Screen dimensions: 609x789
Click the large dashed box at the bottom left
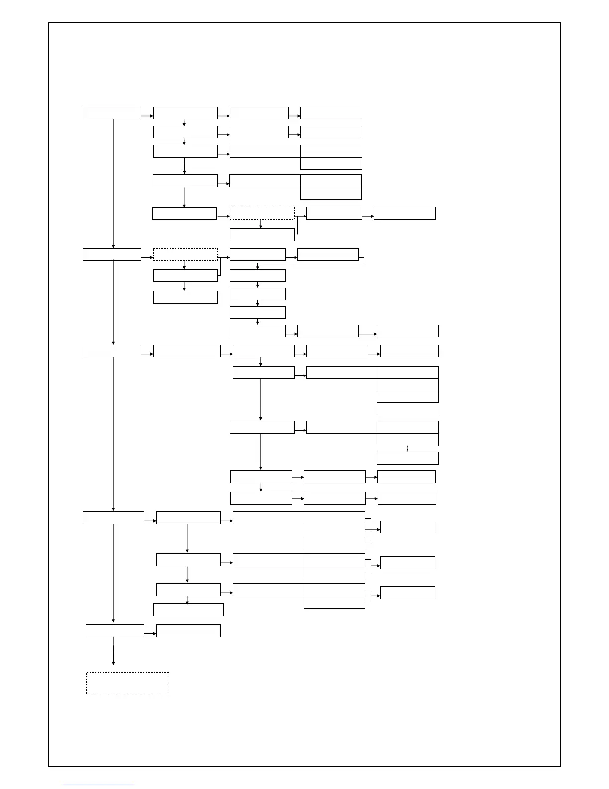(x=127, y=683)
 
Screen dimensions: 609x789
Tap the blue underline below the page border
(x=99, y=785)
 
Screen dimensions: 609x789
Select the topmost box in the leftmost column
(x=111, y=113)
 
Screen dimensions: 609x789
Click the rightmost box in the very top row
(x=331, y=113)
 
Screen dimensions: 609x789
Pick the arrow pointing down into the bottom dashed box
(x=113, y=655)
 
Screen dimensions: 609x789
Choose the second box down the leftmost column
(x=111, y=254)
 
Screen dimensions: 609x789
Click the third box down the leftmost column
(x=111, y=351)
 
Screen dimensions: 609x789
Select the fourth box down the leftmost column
(x=113, y=517)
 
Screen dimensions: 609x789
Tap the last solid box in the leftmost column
(x=114, y=630)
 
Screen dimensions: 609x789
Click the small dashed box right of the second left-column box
(x=185, y=254)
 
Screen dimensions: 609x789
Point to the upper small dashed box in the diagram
(x=262, y=213)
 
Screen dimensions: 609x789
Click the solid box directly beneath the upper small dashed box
(x=262, y=234)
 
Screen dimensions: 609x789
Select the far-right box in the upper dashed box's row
(x=404, y=213)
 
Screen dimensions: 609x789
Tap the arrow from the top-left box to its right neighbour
(x=147, y=116)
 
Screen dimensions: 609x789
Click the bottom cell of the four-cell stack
(x=407, y=409)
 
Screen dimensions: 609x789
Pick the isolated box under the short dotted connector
(x=407, y=458)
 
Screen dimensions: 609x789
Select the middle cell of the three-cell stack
(x=334, y=529)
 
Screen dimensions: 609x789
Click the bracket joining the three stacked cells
(x=368, y=529)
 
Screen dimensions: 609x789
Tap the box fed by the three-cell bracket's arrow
(x=407, y=527)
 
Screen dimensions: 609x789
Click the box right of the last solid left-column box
(x=188, y=630)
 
